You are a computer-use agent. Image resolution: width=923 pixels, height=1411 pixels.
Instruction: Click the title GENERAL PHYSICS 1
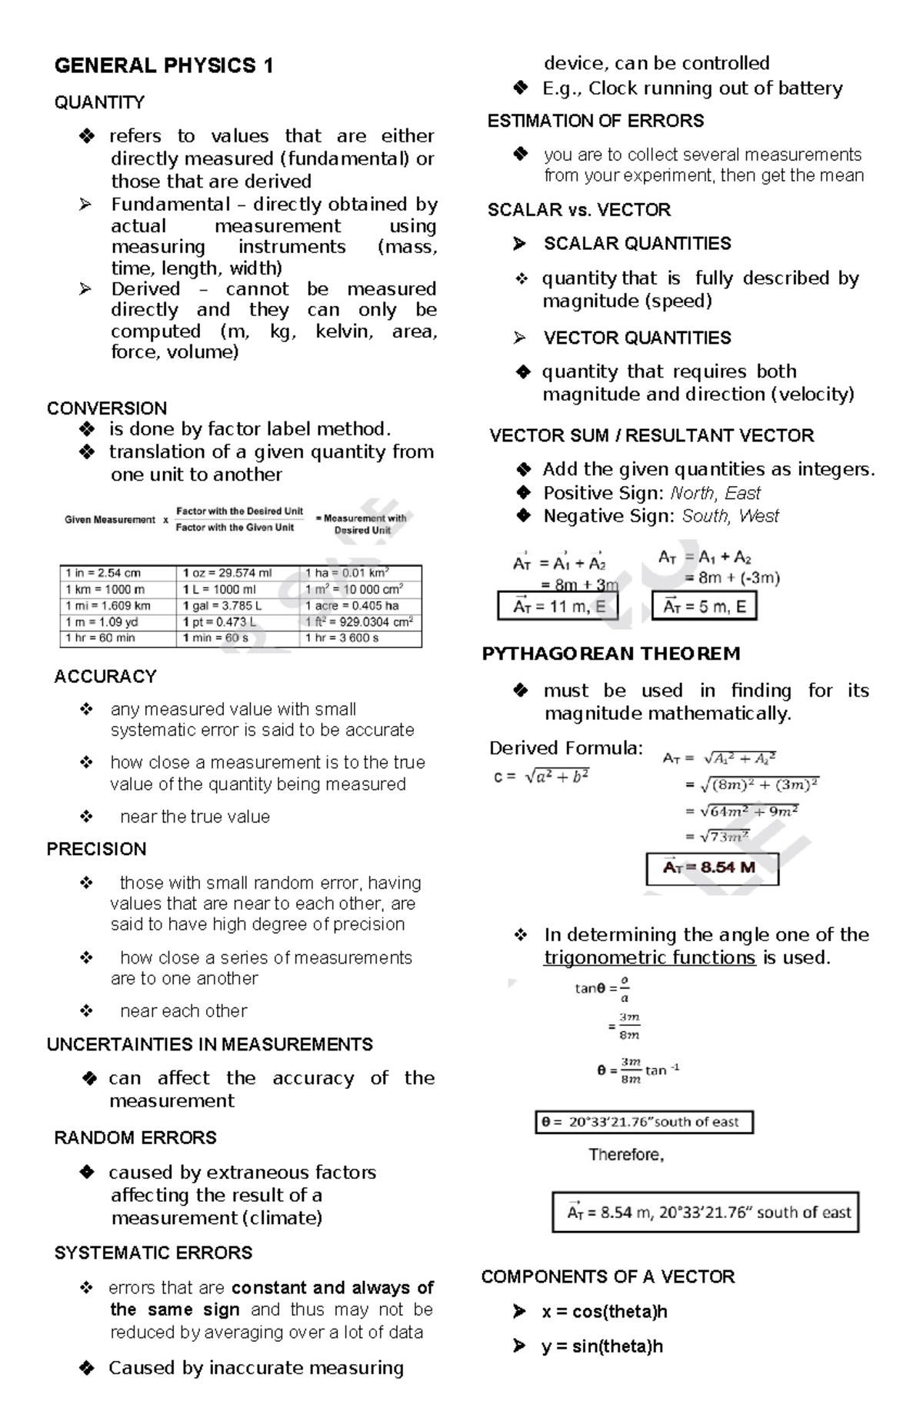point(163,66)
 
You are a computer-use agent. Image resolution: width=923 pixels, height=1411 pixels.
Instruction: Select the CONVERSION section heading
point(107,408)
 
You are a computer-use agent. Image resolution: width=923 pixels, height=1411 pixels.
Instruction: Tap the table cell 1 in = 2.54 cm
point(103,574)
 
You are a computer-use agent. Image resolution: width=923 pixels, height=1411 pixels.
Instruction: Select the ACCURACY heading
point(105,677)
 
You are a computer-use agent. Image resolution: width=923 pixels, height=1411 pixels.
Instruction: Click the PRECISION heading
point(96,850)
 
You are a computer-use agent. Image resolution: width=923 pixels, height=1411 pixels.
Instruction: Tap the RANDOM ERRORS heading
point(135,1138)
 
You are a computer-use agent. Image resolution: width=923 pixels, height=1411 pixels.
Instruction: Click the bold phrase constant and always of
point(332,1288)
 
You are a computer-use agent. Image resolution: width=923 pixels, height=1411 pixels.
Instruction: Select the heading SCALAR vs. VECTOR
point(578,210)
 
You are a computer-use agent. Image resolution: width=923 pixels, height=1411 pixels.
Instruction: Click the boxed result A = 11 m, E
point(558,607)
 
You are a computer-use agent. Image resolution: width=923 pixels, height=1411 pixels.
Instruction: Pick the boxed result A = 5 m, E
point(704,607)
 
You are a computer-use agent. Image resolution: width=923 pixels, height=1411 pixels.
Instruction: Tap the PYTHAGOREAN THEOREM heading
point(611,654)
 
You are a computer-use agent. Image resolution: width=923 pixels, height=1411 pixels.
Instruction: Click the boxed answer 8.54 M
point(711,868)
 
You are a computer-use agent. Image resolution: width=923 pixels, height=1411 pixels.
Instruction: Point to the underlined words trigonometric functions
point(649,958)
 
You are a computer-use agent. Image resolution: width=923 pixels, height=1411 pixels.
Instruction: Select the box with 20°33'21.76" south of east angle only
point(644,1122)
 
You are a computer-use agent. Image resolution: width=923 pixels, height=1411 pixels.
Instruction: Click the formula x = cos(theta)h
point(604,1312)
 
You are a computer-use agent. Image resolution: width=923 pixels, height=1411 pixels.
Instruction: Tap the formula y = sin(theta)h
point(601,1346)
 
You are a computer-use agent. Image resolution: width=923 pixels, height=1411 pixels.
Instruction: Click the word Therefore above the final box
point(625,1155)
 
